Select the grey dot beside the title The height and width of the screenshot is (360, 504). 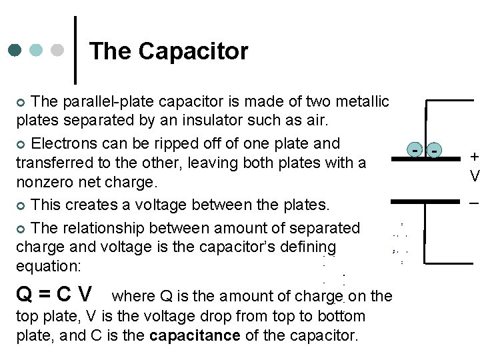(57, 51)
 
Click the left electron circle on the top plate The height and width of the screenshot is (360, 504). (415, 152)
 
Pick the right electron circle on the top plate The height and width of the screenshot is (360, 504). (435, 152)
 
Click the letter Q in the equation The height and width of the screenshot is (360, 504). (25, 293)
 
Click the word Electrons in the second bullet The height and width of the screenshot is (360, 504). (64, 143)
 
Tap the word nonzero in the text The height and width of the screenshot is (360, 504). (46, 181)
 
